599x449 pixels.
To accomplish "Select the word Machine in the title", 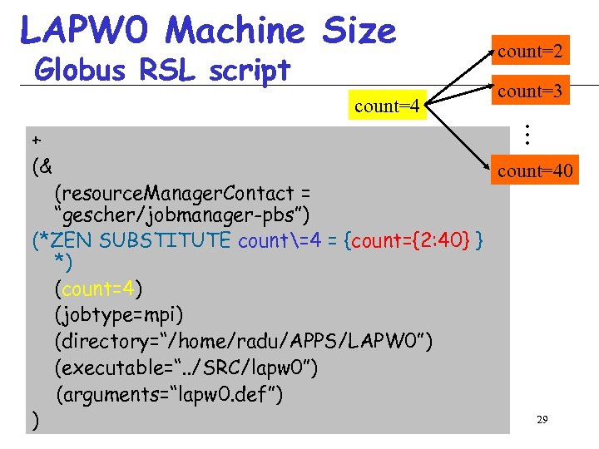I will point(235,31).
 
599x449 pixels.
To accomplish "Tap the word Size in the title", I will point(359,31).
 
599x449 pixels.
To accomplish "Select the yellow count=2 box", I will point(530,52).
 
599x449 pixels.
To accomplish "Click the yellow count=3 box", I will point(530,91).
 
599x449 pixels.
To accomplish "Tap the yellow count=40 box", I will point(535,171).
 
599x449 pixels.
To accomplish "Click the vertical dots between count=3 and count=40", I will point(527,132).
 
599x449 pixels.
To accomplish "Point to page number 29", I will point(542,421).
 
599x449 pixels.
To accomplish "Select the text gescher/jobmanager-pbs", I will point(182,216).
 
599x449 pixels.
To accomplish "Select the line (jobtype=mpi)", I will point(119,316).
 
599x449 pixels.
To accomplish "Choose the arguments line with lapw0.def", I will point(170,393).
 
